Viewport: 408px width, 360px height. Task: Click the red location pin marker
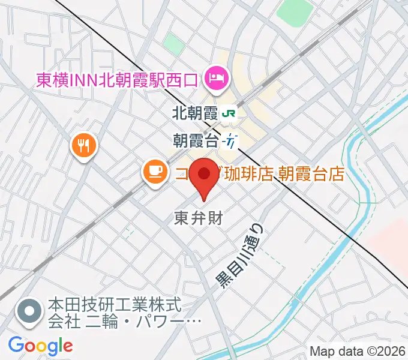203,175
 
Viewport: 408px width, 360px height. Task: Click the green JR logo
228,112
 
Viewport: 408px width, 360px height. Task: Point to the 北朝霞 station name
193,112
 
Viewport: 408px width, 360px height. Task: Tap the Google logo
40,345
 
